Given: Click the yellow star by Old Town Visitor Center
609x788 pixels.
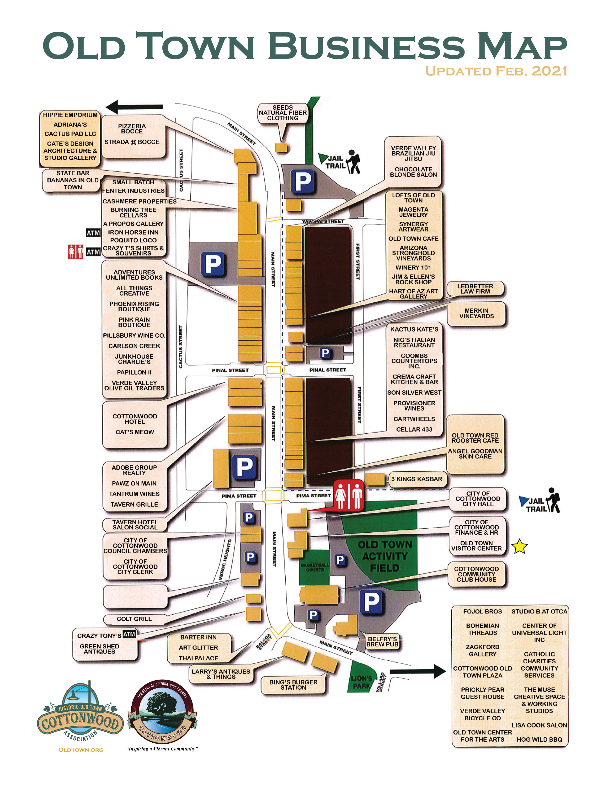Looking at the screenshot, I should (x=519, y=546).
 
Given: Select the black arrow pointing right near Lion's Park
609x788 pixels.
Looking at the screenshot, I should (x=418, y=671).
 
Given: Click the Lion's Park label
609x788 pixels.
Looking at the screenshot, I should (x=361, y=682).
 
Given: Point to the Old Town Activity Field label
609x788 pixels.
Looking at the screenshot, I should (x=384, y=556).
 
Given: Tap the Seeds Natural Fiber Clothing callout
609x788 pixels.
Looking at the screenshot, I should (x=283, y=113).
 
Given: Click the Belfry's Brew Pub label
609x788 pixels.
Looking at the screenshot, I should (x=382, y=642).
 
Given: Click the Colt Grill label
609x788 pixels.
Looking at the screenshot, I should (x=134, y=619).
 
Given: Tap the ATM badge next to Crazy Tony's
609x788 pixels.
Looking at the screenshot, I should (x=129, y=634).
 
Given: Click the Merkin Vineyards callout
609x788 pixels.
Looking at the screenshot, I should (x=476, y=313).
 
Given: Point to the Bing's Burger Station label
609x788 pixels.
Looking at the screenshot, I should (x=293, y=685).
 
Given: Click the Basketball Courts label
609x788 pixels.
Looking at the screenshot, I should (x=315, y=567).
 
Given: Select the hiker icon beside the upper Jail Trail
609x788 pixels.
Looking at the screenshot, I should (x=353, y=162).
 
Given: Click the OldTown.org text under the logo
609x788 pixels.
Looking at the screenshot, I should (x=81, y=750).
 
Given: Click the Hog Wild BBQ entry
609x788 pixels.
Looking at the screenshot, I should (x=539, y=739).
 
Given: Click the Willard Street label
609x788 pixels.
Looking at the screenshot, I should (x=381, y=682).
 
